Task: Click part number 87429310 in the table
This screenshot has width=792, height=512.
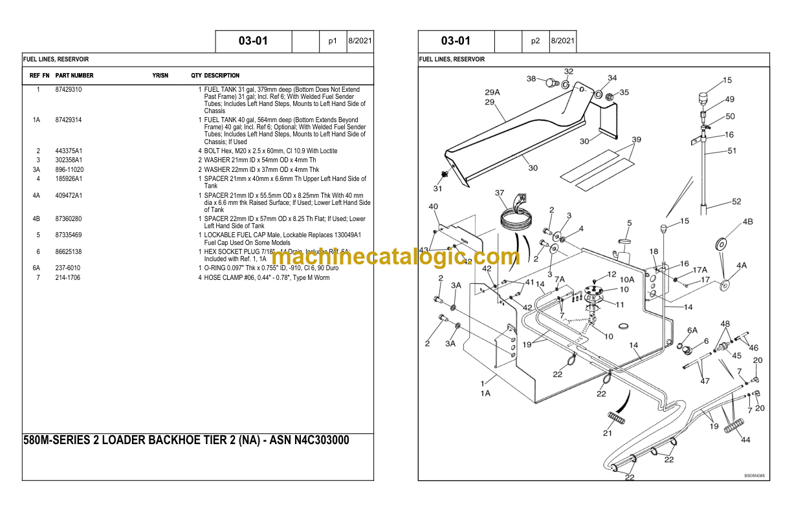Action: click(69, 90)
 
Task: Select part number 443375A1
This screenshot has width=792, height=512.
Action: click(69, 151)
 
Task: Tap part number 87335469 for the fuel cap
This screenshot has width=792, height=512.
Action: click(69, 235)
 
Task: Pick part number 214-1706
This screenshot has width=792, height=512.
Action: click(68, 278)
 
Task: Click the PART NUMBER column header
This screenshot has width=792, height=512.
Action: click(74, 76)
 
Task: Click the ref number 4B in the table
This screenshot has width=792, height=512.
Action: click(36, 219)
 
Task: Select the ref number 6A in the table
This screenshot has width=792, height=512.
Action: click(36, 268)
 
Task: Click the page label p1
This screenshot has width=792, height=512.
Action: click(333, 41)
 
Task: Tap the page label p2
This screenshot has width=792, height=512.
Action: click(535, 41)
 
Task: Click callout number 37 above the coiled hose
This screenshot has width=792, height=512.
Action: click(500, 193)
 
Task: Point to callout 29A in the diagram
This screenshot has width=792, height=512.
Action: click(492, 92)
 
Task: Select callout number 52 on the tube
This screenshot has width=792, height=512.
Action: click(736, 202)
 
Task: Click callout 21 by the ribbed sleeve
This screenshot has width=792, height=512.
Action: click(607, 433)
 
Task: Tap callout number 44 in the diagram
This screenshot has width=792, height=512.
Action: click(745, 440)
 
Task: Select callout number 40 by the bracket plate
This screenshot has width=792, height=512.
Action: click(433, 207)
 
